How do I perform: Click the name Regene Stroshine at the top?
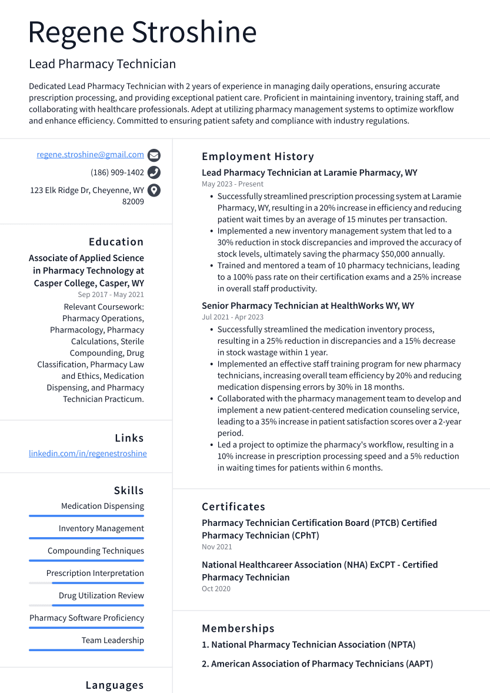click(142, 32)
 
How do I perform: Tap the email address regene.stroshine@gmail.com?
click(90, 155)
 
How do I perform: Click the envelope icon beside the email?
click(154, 155)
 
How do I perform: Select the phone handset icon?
click(154, 172)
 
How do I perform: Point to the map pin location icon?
click(154, 190)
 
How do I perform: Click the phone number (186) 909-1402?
click(117, 172)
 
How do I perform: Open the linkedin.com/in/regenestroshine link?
click(88, 454)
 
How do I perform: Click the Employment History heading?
click(258, 156)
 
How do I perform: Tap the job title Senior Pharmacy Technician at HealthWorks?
click(308, 306)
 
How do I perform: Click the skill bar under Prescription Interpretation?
click(86, 582)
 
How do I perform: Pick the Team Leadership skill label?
click(112, 640)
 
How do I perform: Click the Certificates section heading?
click(233, 507)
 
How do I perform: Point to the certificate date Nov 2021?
click(216, 547)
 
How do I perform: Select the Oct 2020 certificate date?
click(216, 589)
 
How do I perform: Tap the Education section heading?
click(116, 242)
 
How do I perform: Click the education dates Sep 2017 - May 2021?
click(111, 295)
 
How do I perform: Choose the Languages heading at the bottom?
click(114, 685)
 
